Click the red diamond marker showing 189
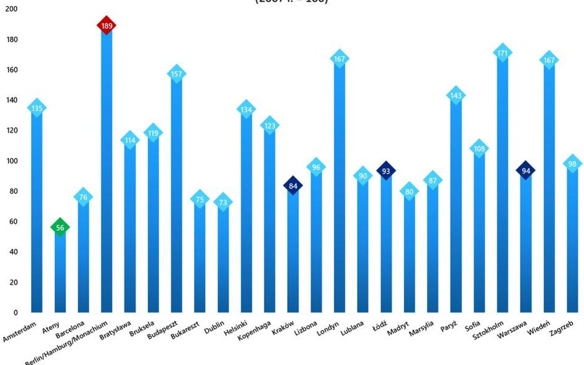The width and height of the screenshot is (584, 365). pos(107,25)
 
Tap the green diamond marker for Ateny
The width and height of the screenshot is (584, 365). pos(60,227)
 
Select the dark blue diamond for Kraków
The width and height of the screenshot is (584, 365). pos(293,185)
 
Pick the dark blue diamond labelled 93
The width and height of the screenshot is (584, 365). pos(386,171)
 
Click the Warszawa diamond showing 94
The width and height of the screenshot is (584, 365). pos(525,170)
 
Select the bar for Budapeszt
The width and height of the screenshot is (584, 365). pos(177,197)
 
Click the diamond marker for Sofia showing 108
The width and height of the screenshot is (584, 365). pos(479,148)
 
